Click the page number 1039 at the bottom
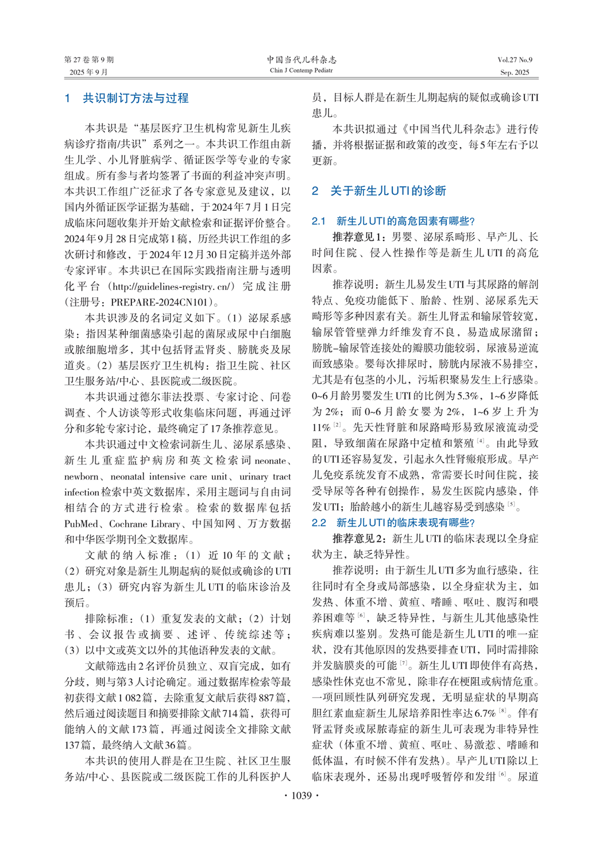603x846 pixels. click(x=301, y=795)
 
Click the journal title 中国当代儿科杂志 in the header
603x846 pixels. click(x=301, y=59)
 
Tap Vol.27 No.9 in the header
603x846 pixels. click(x=515, y=60)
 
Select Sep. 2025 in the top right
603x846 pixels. click(x=515, y=72)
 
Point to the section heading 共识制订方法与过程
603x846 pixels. click(x=136, y=98)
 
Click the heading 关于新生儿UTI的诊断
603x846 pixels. click(x=388, y=191)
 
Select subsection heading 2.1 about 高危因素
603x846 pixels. click(x=393, y=221)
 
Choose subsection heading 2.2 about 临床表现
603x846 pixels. click(x=393, y=523)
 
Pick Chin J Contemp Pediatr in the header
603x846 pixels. click(x=301, y=71)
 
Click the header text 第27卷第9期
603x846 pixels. click(x=89, y=60)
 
